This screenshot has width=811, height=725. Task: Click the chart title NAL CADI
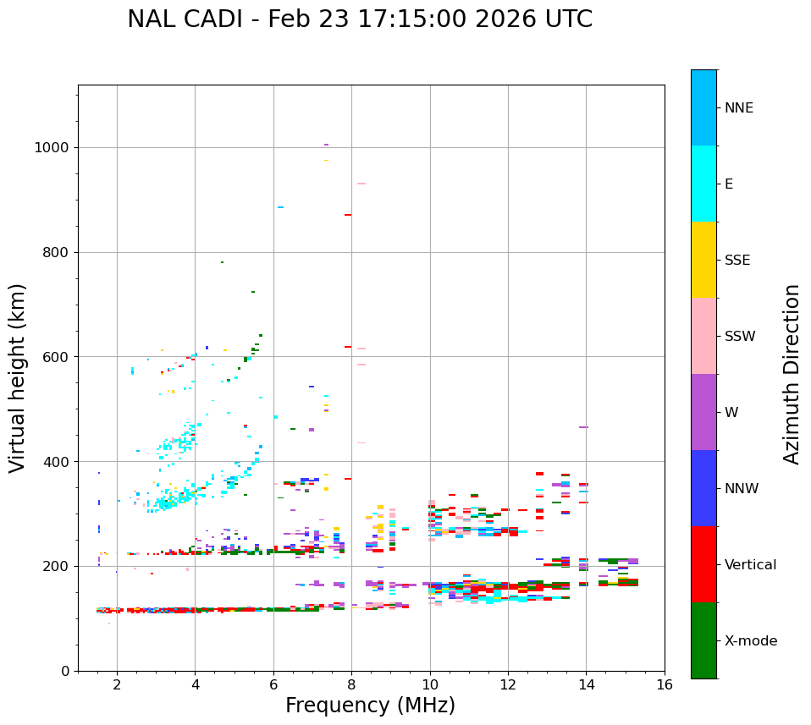coord(360,19)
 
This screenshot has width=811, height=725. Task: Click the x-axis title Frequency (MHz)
coord(370,706)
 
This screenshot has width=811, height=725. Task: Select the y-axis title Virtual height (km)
coord(18,378)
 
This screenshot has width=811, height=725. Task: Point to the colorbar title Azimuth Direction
coord(792,374)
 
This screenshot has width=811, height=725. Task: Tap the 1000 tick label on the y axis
coord(51,148)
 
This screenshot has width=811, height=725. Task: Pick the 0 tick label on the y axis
coord(63,671)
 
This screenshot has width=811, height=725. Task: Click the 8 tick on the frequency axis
coord(351,684)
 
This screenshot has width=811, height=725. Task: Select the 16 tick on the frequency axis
coord(665,684)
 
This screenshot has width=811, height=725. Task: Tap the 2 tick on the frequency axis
coord(117,684)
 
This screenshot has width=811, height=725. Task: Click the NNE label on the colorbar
coord(738,108)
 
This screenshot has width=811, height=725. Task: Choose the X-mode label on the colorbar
coord(750,641)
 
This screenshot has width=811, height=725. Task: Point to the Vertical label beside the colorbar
coord(750,565)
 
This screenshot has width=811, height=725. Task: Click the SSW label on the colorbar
coord(740,337)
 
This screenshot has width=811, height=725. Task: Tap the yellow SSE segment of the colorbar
coord(703,260)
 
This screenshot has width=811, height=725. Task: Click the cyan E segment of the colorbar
coord(703,184)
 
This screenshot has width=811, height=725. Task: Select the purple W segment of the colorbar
coord(703,412)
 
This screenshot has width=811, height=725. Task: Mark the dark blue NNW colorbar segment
coord(703,488)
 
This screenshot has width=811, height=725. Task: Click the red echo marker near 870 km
coord(348,215)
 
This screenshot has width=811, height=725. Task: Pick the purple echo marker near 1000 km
coord(326,145)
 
